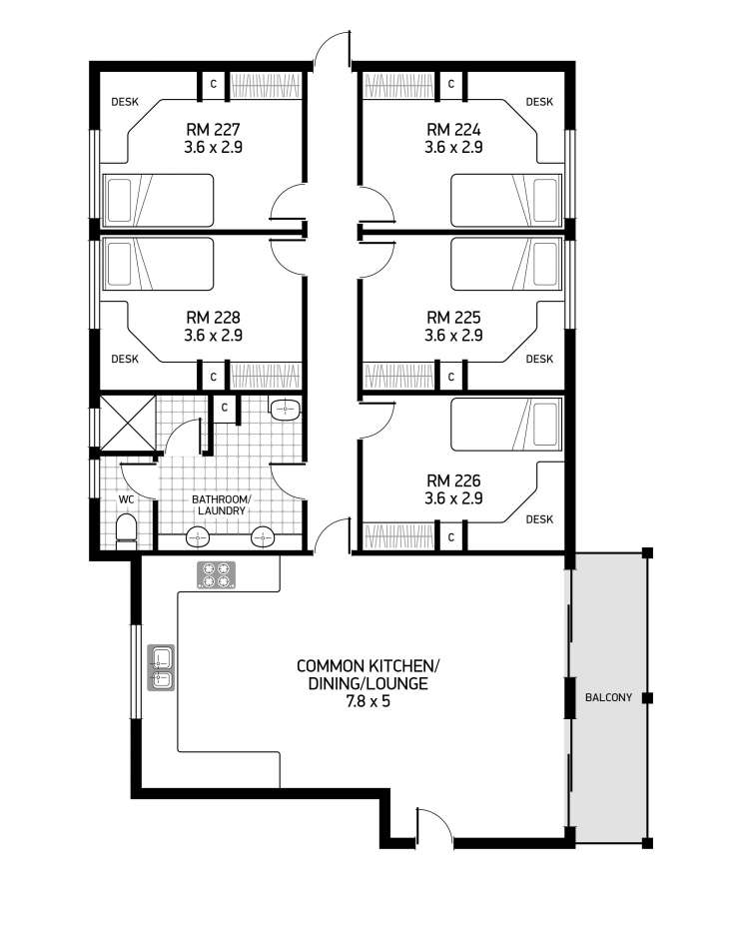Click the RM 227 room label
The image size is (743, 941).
[x=213, y=129]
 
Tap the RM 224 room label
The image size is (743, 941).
[x=453, y=129]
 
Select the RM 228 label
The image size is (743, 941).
[x=213, y=318]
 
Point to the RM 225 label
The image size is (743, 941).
[x=453, y=318]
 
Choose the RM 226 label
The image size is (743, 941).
[x=453, y=480]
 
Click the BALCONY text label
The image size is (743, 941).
[x=608, y=697]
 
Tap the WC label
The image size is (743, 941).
[x=126, y=499]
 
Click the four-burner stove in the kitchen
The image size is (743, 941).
[x=216, y=574]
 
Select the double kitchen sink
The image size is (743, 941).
[x=162, y=668]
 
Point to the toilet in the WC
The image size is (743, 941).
[x=126, y=530]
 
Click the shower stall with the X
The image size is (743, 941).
[x=127, y=423]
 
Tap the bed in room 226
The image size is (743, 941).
[x=506, y=425]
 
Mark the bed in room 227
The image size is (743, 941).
[x=159, y=201]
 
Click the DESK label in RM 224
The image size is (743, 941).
[x=539, y=102]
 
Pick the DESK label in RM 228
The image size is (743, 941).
[x=125, y=359]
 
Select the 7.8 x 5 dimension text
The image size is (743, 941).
[x=368, y=701]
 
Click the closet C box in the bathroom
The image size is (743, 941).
[x=225, y=409]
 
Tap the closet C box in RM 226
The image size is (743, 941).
[x=451, y=537]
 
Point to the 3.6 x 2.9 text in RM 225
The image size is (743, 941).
[x=453, y=336]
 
